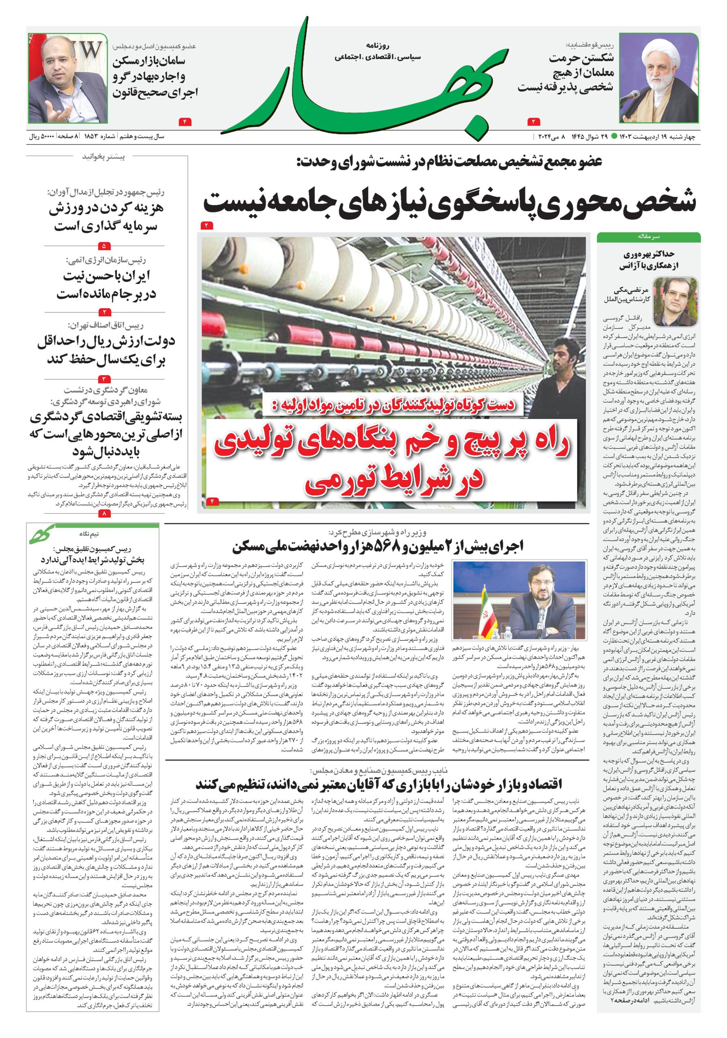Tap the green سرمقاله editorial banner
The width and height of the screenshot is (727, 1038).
tap(648, 236)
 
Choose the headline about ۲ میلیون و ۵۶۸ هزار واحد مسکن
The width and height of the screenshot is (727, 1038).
tap(377, 547)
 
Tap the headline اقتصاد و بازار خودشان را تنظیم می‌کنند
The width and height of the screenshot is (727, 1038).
tap(378, 783)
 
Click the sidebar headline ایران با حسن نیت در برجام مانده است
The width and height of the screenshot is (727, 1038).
tap(106, 285)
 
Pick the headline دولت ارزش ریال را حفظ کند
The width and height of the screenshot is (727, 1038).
tap(106, 350)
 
